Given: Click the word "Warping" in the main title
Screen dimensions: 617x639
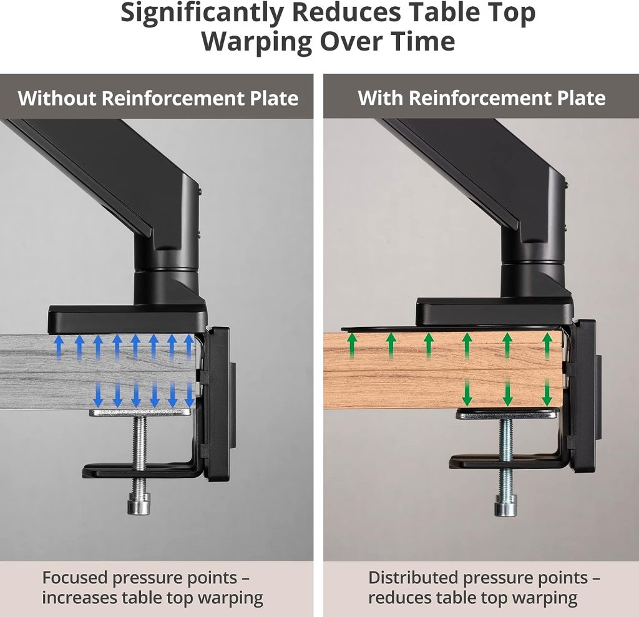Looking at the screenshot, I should point(256,42).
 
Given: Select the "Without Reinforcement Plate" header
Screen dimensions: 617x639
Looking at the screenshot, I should point(158,98).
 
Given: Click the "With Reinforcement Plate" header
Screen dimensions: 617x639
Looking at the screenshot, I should point(482,98).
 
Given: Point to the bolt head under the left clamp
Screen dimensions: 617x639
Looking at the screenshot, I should point(139,503).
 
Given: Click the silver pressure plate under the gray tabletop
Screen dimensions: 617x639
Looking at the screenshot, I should point(141,412).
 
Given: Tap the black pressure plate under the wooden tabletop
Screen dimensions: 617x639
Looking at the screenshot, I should point(507,414).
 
